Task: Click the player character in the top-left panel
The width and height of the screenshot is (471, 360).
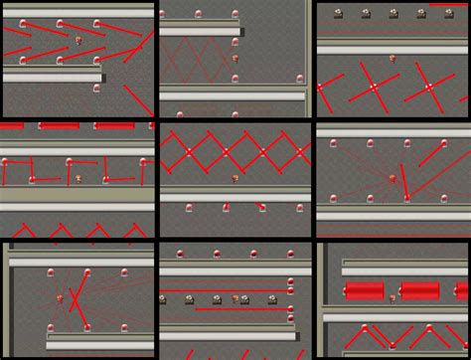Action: pos(78,41)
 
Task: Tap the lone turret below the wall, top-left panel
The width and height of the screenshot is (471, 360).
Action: pos(96,89)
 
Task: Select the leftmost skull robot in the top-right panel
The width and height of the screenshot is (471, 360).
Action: pos(338,14)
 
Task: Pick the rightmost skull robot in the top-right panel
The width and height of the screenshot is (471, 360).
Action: pos(420,14)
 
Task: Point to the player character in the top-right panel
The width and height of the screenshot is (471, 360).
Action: pos(392,59)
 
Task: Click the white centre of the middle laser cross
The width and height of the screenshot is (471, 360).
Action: pos(374,88)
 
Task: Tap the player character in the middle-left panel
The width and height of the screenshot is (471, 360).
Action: pos(78,179)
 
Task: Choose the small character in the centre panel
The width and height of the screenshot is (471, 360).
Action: pos(235,179)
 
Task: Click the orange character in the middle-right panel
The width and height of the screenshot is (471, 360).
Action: pos(392,180)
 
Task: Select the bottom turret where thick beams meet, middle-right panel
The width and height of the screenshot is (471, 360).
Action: pos(406,198)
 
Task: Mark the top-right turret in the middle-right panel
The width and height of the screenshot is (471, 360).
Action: pos(444,144)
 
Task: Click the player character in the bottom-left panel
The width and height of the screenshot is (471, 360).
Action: pos(62,297)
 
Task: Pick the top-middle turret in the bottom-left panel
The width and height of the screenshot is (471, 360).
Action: pos(87,271)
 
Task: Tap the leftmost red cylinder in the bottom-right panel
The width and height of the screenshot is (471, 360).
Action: pos(364,290)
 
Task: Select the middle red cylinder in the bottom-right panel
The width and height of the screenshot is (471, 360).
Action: pos(419,290)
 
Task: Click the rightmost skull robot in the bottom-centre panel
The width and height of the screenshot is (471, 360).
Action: pos(272,299)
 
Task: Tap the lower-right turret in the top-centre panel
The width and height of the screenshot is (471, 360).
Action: pos(300,79)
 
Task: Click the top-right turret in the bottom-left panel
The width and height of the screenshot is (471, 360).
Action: pos(124,271)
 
